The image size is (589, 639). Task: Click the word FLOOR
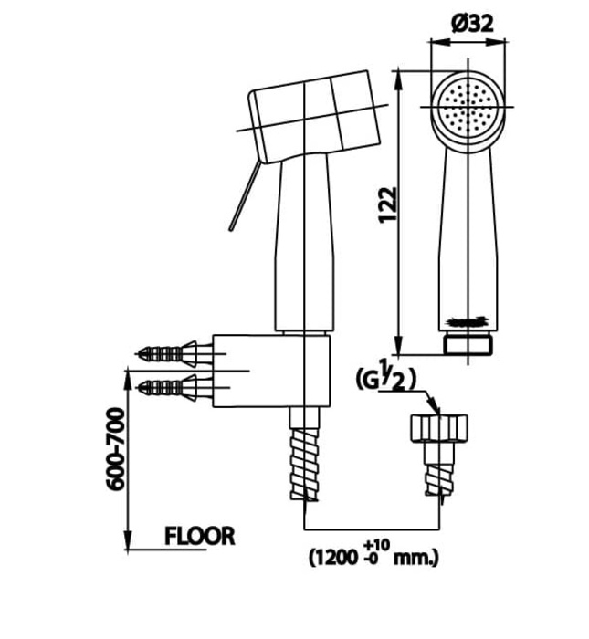[199, 536]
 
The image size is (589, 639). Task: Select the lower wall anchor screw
[170, 388]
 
